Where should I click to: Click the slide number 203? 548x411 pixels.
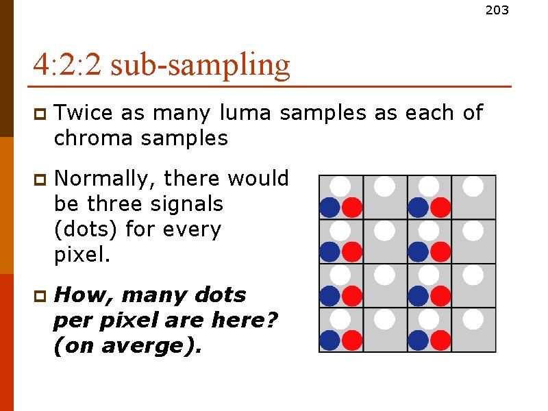pos(497,10)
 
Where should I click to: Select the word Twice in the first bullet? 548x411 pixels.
pos(84,112)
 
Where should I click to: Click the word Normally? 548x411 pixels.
pos(103,179)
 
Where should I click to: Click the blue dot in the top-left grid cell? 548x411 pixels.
pos(330,207)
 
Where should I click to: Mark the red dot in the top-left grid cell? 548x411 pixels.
pos(352,207)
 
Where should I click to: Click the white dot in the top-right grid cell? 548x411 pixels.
pos(473,186)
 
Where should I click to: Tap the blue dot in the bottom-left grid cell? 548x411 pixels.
pos(330,340)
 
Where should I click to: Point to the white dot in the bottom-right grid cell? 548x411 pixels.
pos(473,319)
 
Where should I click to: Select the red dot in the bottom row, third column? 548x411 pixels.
pos(440,340)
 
